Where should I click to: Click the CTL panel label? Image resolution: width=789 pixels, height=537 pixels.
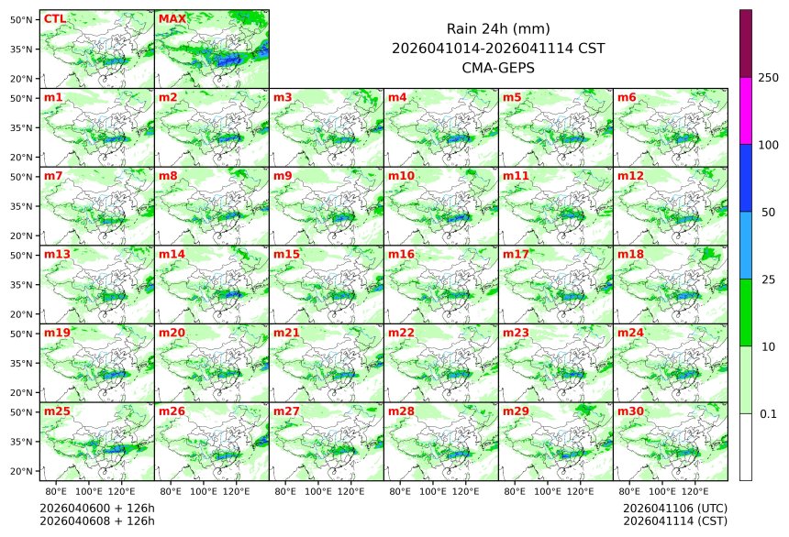(55, 18)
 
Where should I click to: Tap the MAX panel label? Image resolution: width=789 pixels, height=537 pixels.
(172, 18)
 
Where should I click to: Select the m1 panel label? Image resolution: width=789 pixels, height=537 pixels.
(53, 97)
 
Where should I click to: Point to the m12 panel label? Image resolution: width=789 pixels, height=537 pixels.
(630, 175)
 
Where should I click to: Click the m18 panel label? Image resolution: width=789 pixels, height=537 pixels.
(630, 254)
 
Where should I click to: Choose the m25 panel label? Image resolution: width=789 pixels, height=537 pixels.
(57, 411)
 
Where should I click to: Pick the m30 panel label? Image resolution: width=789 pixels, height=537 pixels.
(630, 411)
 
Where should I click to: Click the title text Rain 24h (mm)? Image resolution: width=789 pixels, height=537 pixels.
(497, 28)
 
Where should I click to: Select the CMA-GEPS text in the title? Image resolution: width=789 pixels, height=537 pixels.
(497, 67)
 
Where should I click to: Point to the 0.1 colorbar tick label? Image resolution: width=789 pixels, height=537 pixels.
(768, 413)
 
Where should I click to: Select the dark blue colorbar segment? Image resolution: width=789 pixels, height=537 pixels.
(746, 178)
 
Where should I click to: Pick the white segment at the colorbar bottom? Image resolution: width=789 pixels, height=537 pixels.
(746, 446)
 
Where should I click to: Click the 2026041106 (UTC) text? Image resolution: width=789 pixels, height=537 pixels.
(674, 508)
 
